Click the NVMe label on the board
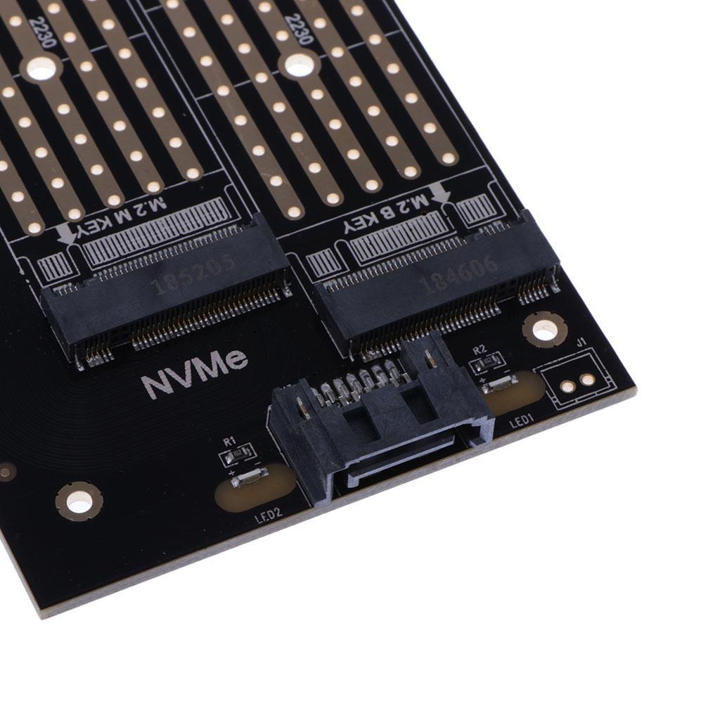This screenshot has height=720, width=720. (x=195, y=374)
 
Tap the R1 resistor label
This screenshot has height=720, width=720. (x=228, y=442)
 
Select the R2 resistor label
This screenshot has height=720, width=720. (x=480, y=349)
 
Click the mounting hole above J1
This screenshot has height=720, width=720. (x=544, y=328)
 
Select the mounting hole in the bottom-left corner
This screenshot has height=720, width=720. (x=79, y=501)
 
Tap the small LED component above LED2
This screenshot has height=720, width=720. (x=247, y=479)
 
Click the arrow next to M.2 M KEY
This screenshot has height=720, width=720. (x=66, y=233)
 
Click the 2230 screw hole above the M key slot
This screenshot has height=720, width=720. (x=41, y=68)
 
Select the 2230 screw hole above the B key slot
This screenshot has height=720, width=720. (x=299, y=65)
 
